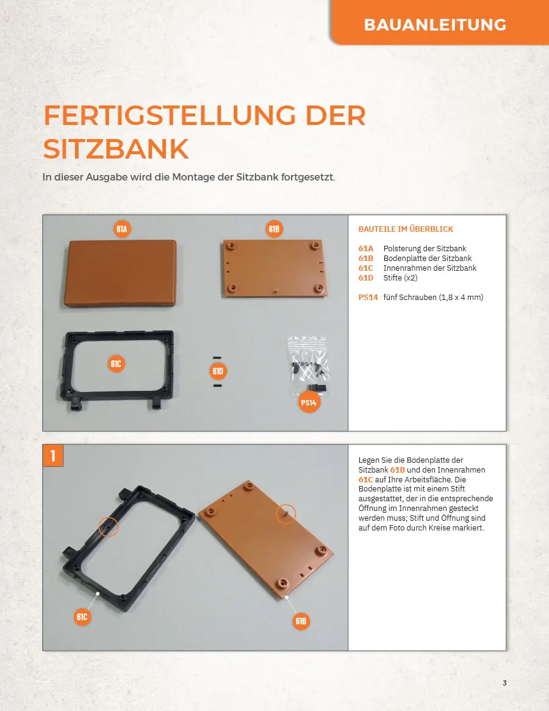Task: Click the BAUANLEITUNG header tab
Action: pyautogui.click(x=440, y=22)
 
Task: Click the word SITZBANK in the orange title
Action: pyautogui.click(x=116, y=149)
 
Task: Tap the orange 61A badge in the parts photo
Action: pyautogui.click(x=121, y=229)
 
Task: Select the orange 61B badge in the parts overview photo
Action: pyautogui.click(x=274, y=229)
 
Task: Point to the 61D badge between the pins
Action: pyautogui.click(x=218, y=371)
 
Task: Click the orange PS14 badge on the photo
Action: pyautogui.click(x=309, y=402)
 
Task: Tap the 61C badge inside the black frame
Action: pyautogui.click(x=116, y=363)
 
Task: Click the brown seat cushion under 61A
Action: pyautogui.click(x=121, y=273)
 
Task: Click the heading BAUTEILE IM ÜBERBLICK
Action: pyautogui.click(x=406, y=229)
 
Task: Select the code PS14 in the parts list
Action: pyautogui.click(x=368, y=298)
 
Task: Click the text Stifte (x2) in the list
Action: pyautogui.click(x=400, y=278)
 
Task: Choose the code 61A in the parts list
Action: pyautogui.click(x=366, y=249)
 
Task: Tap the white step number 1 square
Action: pyautogui.click(x=53, y=456)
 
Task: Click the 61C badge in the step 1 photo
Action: pyautogui.click(x=82, y=616)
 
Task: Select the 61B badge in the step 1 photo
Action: pyautogui.click(x=301, y=621)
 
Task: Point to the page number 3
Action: pyautogui.click(x=504, y=683)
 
